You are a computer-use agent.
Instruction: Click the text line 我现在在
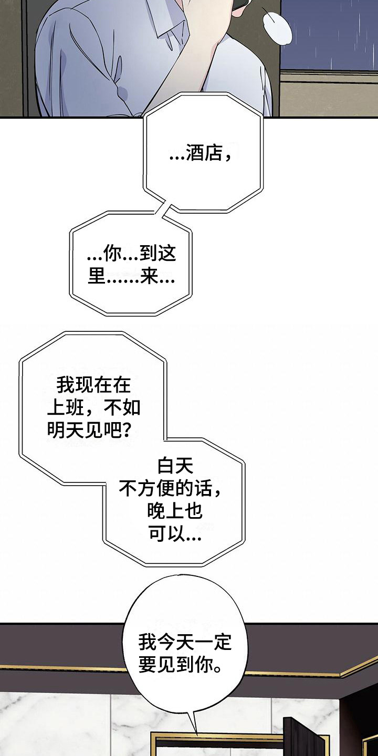tap(93, 385)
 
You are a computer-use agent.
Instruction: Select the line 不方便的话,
tap(170, 489)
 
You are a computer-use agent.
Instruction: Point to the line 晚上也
tap(175, 512)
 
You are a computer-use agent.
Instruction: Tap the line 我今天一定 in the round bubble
tap(185, 642)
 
